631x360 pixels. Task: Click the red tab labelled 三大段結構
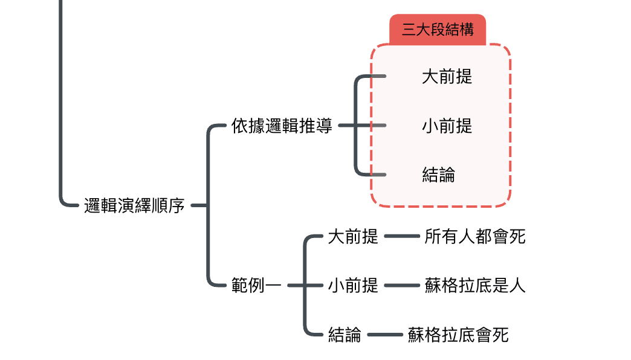(x=438, y=30)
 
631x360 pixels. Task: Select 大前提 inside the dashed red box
(x=447, y=77)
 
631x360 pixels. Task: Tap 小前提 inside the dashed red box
(x=447, y=126)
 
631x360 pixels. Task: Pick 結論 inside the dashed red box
(x=438, y=175)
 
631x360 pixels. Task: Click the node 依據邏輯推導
(x=282, y=126)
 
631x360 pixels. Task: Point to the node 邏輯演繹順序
(x=134, y=206)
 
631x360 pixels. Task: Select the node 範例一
(x=256, y=285)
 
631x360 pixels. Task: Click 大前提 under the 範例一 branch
(x=353, y=236)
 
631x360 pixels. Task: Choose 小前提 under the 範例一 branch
(x=353, y=285)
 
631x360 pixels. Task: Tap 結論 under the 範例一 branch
(x=345, y=334)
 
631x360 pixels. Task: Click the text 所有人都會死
(x=475, y=236)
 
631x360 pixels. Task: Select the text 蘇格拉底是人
(x=475, y=285)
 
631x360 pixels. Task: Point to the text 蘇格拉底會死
(x=458, y=334)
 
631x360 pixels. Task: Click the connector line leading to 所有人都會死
(x=401, y=236)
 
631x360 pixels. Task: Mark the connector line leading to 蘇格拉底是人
(x=401, y=285)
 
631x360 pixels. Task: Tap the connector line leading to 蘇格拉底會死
(x=384, y=334)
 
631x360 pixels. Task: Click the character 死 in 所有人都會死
(x=517, y=236)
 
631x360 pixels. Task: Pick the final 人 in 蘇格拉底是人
(x=517, y=285)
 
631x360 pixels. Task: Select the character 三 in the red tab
(x=409, y=30)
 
